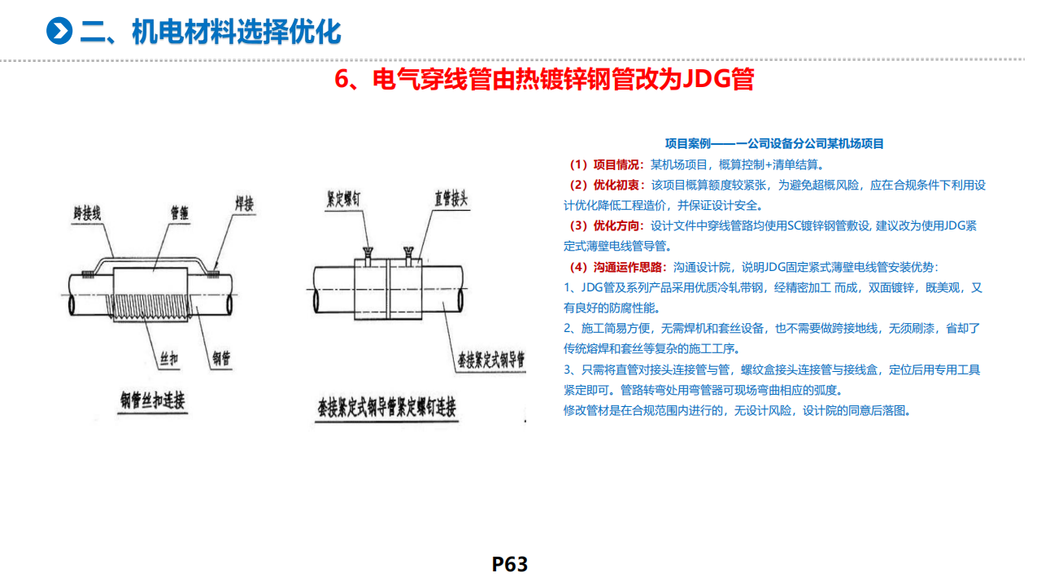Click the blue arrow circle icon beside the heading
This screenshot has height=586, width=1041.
59,31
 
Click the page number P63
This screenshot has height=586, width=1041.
510,565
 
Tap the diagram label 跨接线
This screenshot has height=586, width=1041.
87,213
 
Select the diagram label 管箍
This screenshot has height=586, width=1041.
180,213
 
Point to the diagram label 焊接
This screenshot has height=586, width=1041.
245,203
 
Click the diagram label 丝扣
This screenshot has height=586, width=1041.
168,359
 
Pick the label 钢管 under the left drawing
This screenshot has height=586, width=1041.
221,358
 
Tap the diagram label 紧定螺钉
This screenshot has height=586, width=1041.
343,199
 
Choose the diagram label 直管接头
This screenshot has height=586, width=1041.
451,199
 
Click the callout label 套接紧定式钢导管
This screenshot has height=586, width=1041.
491,360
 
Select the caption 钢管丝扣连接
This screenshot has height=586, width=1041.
152,400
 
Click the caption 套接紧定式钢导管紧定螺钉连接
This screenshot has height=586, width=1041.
386,408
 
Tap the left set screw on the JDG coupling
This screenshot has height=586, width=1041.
368,256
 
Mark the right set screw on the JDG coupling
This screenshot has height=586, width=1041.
408,256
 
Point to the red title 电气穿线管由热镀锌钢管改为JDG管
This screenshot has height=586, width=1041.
544,79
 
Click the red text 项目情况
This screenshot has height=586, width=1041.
616,164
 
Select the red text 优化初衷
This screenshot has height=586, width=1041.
616,185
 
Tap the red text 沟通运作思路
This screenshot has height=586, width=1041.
628,268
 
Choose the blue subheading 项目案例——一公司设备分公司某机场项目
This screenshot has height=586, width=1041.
774,144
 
